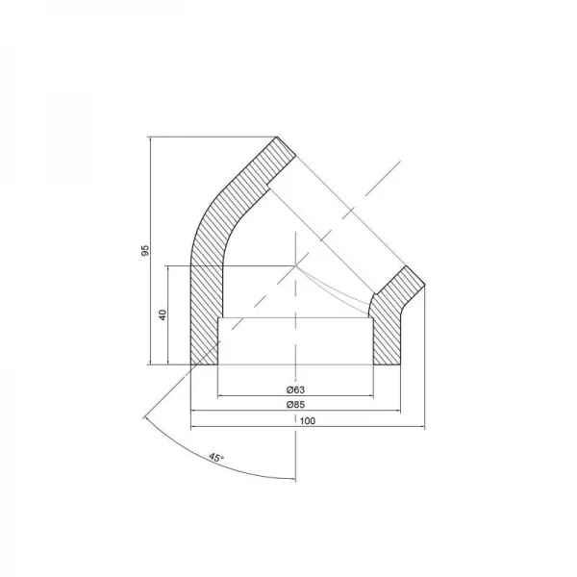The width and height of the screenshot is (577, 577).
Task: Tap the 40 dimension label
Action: pos(163,314)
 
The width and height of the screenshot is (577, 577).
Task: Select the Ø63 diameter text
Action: pos(295,389)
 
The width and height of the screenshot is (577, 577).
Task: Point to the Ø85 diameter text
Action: pos(295,405)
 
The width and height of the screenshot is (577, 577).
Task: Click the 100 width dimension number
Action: pos(307,421)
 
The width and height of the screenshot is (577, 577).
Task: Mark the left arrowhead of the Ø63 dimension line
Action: pos(222,395)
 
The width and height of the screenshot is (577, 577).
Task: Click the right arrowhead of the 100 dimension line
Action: pos(420,428)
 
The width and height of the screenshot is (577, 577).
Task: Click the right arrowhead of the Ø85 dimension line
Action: pos(396,412)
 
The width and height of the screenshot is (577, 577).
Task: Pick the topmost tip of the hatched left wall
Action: pos(278,136)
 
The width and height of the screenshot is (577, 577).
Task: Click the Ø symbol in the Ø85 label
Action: pos(289,405)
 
